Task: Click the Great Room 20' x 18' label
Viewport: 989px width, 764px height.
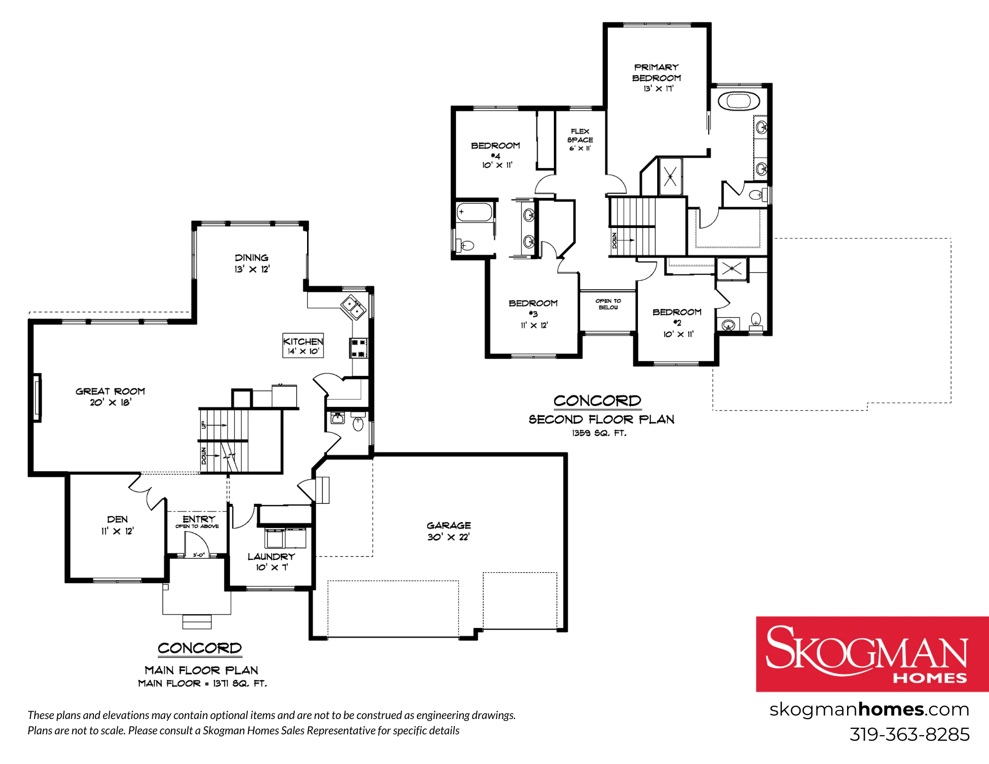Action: pyautogui.click(x=110, y=397)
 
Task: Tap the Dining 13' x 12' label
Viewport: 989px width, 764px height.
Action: pyautogui.click(x=252, y=263)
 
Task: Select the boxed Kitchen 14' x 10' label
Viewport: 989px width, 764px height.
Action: pyautogui.click(x=303, y=345)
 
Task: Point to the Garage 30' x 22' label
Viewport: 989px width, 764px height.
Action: pyautogui.click(x=449, y=531)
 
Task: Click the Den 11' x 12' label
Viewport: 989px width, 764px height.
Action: pyautogui.click(x=117, y=525)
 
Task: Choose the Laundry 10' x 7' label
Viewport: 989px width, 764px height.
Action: pyautogui.click(x=271, y=562)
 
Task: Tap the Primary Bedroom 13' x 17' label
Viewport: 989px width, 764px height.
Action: pyautogui.click(x=657, y=78)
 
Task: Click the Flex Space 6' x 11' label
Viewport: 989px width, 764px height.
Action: pyautogui.click(x=580, y=139)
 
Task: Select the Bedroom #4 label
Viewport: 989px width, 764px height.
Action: pyautogui.click(x=496, y=155)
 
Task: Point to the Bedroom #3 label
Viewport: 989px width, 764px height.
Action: pyautogui.click(x=533, y=314)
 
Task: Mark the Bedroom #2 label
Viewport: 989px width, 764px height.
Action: pyautogui.click(x=677, y=322)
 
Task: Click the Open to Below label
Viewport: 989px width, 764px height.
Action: pyautogui.click(x=608, y=304)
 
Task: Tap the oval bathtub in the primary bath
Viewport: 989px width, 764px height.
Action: pyautogui.click(x=738, y=101)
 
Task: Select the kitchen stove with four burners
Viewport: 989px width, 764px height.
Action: pyautogui.click(x=359, y=348)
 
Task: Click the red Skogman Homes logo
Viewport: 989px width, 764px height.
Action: pyautogui.click(x=872, y=654)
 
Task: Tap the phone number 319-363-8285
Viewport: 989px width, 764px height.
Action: pyautogui.click(x=909, y=734)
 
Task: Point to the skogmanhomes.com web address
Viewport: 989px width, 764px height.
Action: pyautogui.click(x=869, y=710)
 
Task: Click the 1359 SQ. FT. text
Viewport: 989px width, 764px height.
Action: pyautogui.click(x=599, y=433)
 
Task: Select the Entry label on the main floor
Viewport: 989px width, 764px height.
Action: pyautogui.click(x=199, y=519)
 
